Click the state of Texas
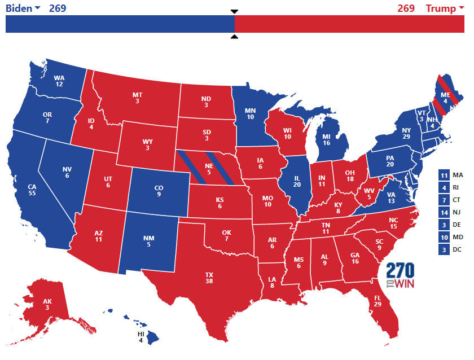point(209,276)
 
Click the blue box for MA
point(444,175)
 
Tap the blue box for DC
point(444,250)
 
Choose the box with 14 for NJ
point(444,213)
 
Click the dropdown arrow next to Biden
point(37,8)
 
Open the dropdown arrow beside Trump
point(461,8)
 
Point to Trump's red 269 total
point(406,8)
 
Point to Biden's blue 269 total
point(58,8)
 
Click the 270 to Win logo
point(400,276)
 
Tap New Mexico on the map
point(149,242)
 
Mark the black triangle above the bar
point(235,11)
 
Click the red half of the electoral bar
point(350,24)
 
